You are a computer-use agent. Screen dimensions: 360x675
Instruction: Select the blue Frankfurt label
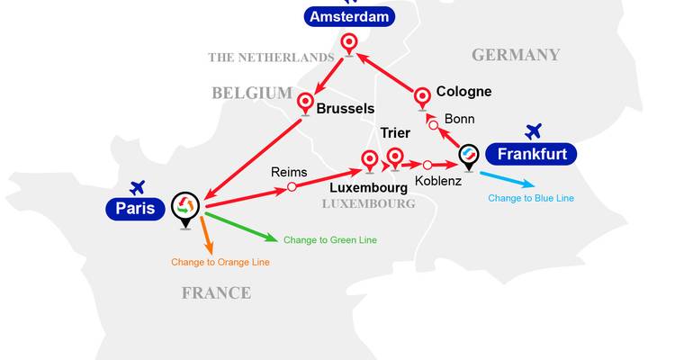[x=531, y=154]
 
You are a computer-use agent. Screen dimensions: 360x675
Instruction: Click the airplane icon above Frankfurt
[x=534, y=131]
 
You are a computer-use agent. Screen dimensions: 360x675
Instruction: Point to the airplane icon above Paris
[x=137, y=187]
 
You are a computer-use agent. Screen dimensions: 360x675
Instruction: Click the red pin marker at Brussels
[x=305, y=102]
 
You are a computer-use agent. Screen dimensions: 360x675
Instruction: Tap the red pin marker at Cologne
[x=423, y=96]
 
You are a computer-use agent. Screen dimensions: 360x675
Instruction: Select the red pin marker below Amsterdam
[x=349, y=42]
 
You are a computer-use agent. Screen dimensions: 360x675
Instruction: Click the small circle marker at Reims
[x=292, y=187]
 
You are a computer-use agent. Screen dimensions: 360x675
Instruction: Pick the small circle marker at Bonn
[x=433, y=125]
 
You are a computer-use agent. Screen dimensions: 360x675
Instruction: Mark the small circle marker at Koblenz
[x=427, y=165]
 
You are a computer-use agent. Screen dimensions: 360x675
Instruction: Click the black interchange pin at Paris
[x=184, y=206]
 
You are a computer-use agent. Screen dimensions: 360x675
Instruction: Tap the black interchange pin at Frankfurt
[x=468, y=155]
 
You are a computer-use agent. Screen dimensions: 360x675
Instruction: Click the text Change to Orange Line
[x=220, y=262]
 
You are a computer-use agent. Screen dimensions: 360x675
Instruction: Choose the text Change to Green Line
[x=329, y=240]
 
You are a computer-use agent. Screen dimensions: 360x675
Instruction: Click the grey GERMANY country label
[x=516, y=55]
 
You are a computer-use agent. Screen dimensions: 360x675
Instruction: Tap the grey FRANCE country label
[x=216, y=292]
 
